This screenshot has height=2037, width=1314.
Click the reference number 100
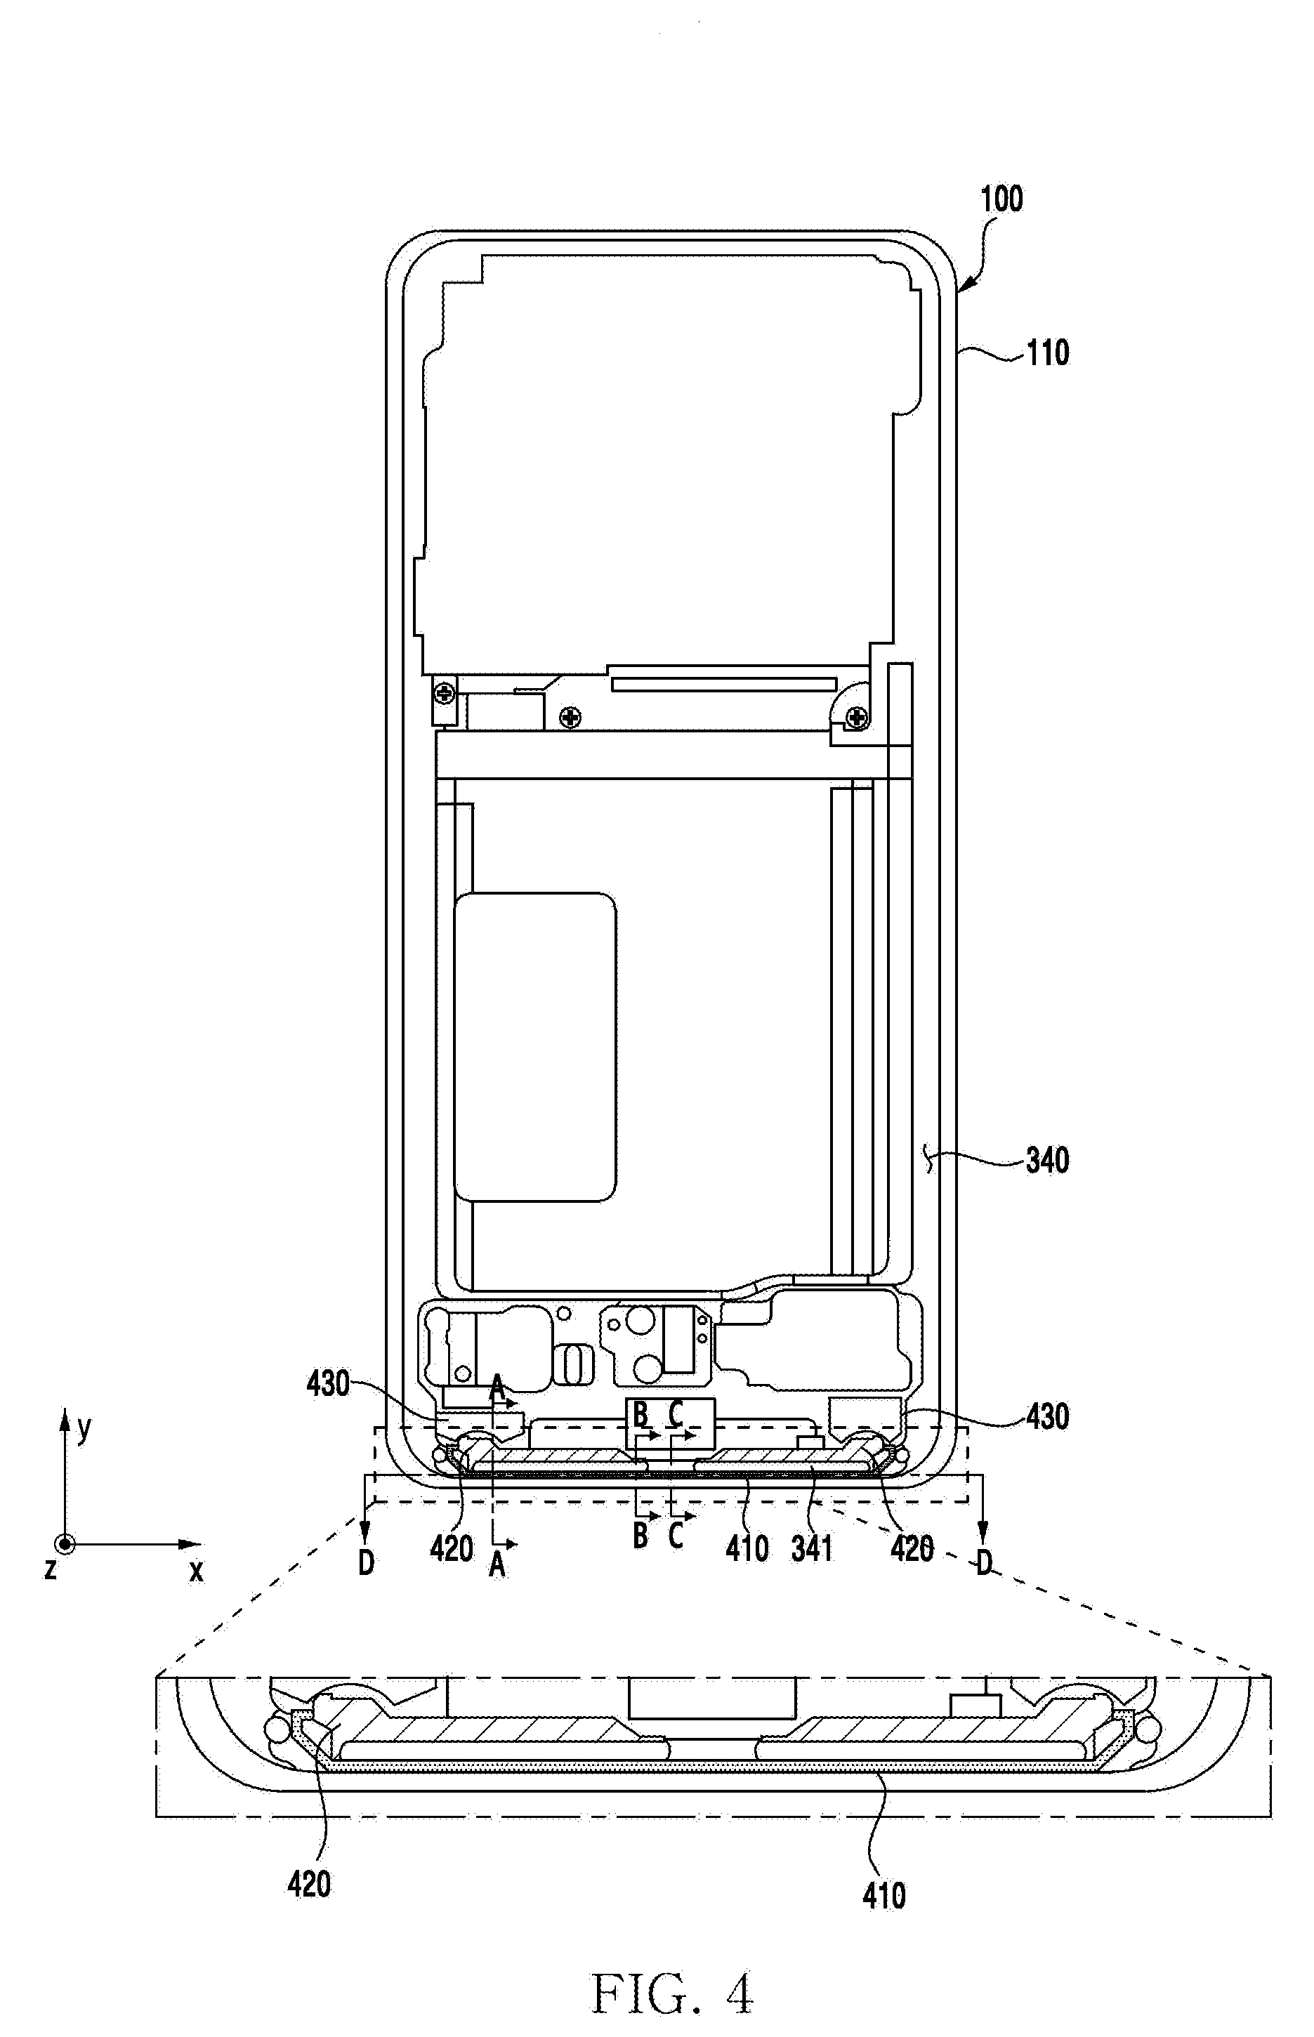click(1001, 199)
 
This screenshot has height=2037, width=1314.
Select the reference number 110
click(1047, 353)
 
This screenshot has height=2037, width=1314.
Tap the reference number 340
click(1047, 1160)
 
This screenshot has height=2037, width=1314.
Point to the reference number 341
click(811, 1548)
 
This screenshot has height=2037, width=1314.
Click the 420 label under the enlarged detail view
click(309, 1885)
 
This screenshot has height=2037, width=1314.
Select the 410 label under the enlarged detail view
click(884, 1897)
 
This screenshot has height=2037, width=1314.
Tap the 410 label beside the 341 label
click(747, 1548)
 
